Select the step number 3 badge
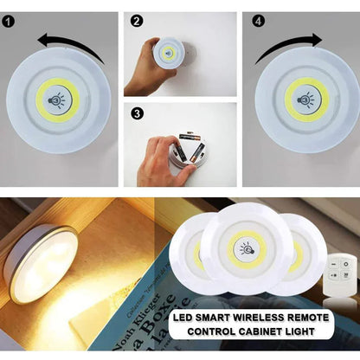pyautogui.click(x=137, y=112)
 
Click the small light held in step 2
pyautogui.click(x=169, y=53)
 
